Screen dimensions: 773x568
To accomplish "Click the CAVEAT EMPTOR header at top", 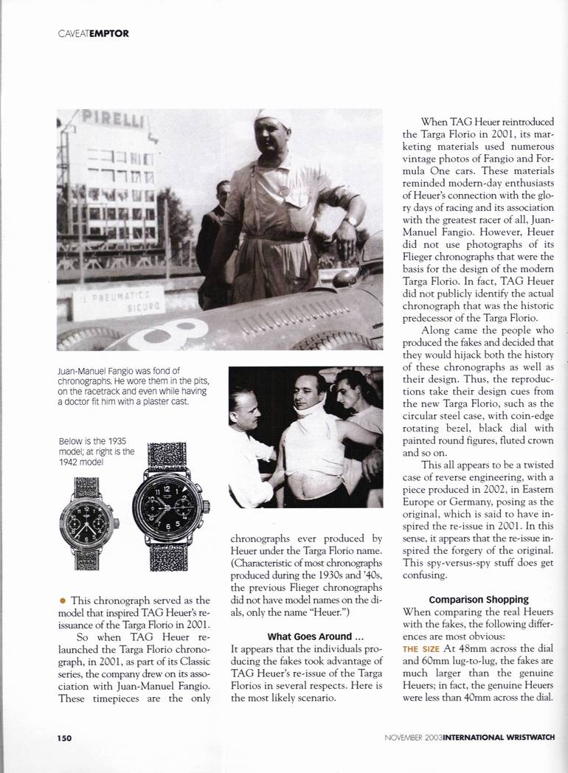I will pyautogui.click(x=92, y=32).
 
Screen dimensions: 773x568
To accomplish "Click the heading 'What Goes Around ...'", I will pyautogui.click(x=305, y=636).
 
